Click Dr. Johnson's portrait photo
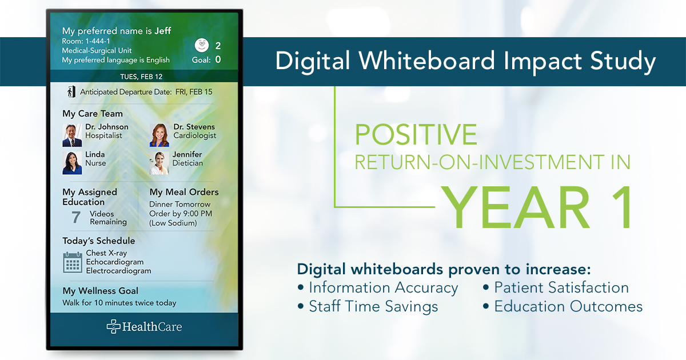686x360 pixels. tap(72, 135)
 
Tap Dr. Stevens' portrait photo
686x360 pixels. tap(159, 135)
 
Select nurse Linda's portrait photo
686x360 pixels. tap(72, 163)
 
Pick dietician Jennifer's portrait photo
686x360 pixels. tap(159, 163)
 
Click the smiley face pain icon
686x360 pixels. tap(201, 45)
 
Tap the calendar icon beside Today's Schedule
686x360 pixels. tap(73, 262)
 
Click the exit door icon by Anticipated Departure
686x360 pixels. tap(70, 91)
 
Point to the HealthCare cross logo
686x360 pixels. tap(113, 326)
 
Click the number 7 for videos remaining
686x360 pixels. tap(75, 217)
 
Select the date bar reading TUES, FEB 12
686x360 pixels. tap(141, 76)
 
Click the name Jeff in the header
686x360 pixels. tap(162, 31)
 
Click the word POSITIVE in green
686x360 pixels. tap(416, 134)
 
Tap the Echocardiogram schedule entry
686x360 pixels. tap(114, 262)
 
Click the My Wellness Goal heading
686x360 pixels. tap(100, 291)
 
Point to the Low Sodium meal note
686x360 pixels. tap(173, 223)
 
